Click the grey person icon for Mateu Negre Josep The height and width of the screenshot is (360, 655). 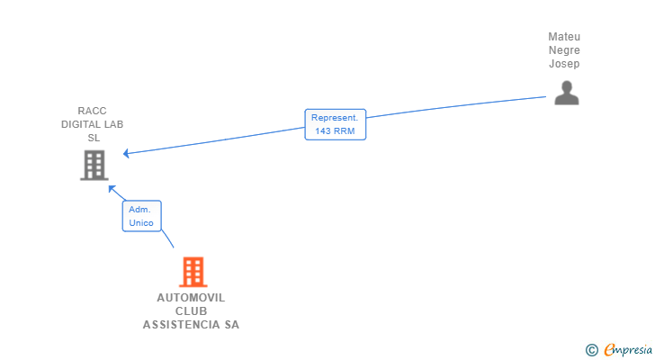566,93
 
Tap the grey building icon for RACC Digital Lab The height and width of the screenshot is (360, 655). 94,165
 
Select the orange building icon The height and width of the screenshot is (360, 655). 192,272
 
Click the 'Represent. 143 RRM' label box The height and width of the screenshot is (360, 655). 335,124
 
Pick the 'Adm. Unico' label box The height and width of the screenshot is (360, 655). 141,216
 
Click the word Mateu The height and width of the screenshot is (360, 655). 564,37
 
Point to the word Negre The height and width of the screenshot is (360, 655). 564,50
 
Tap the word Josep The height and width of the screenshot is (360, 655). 564,64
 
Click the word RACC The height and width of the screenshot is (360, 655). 92,111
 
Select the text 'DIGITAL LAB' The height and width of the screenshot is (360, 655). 92,124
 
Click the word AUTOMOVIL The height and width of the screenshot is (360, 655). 191,298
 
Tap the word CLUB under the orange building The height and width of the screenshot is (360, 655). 191,311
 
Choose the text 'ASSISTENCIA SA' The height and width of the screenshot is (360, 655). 191,325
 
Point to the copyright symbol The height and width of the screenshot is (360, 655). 591,349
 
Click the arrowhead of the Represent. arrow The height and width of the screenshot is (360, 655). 126,154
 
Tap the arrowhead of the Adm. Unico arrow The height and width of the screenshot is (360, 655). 111,188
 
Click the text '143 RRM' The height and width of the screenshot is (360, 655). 335,131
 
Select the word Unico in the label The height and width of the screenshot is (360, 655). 141,222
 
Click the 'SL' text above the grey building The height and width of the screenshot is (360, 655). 94,138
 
